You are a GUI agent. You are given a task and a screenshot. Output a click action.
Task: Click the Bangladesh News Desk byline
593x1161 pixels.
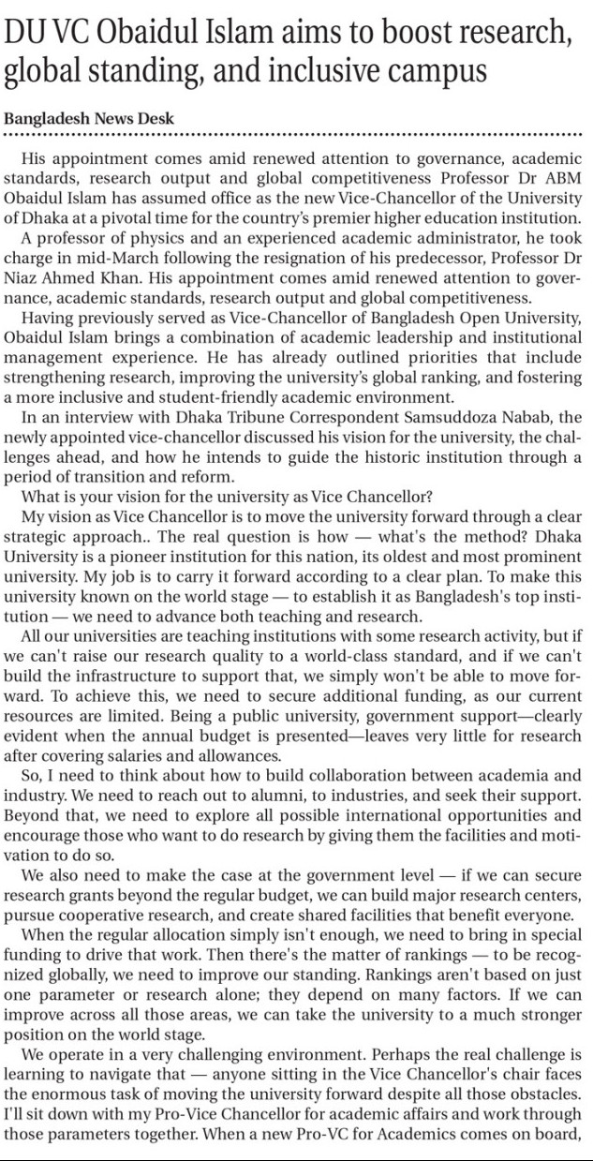coord(89,119)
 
